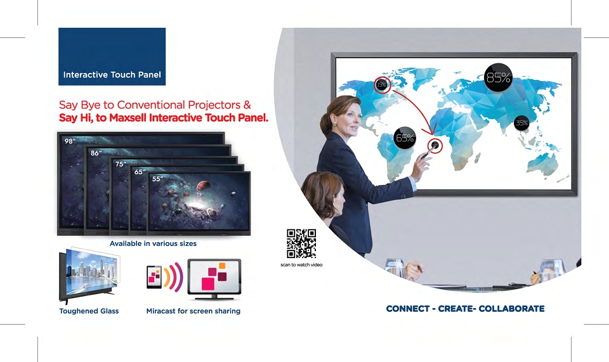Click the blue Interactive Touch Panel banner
click(x=112, y=56)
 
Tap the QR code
click(x=301, y=243)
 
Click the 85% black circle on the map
click(x=499, y=77)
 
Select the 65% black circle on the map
click(x=405, y=138)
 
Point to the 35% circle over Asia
click(x=521, y=124)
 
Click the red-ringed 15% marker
click(x=382, y=84)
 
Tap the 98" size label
click(x=70, y=141)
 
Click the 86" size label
click(x=96, y=153)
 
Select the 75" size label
click(x=121, y=164)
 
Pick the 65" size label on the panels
click(x=140, y=172)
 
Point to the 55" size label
click(x=157, y=179)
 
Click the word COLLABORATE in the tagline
click(x=511, y=309)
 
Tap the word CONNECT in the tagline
click(x=408, y=309)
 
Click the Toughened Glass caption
click(x=89, y=311)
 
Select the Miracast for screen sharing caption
click(x=193, y=311)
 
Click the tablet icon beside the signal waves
click(x=154, y=277)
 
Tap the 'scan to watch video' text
click(x=301, y=265)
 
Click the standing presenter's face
click(x=350, y=120)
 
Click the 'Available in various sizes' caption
click(x=153, y=243)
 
